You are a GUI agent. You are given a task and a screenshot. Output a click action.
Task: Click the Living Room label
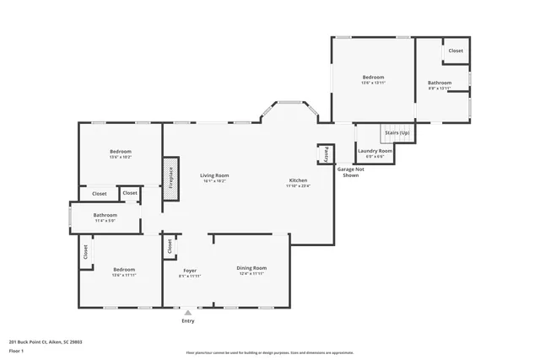[x=215, y=175]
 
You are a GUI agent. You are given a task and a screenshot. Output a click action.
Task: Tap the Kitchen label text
[x=298, y=180]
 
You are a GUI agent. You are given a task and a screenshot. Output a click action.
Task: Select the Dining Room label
[x=252, y=267]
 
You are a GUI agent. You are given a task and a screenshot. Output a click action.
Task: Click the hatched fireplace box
[x=170, y=179]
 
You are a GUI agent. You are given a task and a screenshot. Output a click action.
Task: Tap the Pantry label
[x=324, y=154]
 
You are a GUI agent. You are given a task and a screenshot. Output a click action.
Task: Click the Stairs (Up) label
[x=397, y=133]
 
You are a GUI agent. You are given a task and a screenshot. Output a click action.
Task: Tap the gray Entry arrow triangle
[x=187, y=313]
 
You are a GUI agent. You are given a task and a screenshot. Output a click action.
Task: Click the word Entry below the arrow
[x=187, y=321]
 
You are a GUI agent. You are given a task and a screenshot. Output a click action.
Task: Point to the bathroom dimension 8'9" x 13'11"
[x=440, y=88]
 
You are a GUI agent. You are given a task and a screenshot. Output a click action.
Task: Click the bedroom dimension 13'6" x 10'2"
[x=120, y=157]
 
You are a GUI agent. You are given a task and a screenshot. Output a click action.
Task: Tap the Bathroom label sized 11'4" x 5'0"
[x=105, y=215]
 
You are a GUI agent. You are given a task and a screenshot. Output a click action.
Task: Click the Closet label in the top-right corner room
[x=456, y=51]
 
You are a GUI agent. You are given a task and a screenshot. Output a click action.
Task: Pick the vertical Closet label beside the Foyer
[x=170, y=245]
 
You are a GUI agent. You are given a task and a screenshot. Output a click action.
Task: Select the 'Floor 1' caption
[x=16, y=351]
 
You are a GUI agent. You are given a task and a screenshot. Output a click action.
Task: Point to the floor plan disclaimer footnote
[x=270, y=352]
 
